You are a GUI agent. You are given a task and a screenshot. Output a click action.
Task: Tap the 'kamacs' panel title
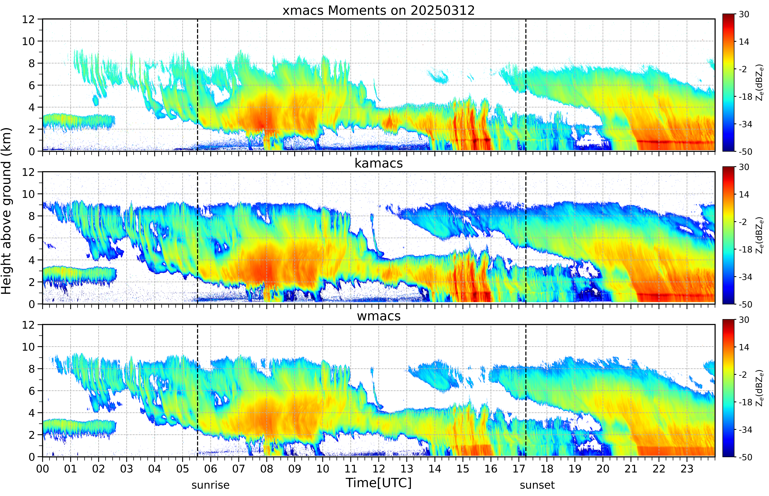coord(379,163)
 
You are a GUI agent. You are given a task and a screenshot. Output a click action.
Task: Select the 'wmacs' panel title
coord(379,316)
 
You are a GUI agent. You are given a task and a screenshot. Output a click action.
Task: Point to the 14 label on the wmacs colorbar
coord(744,347)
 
